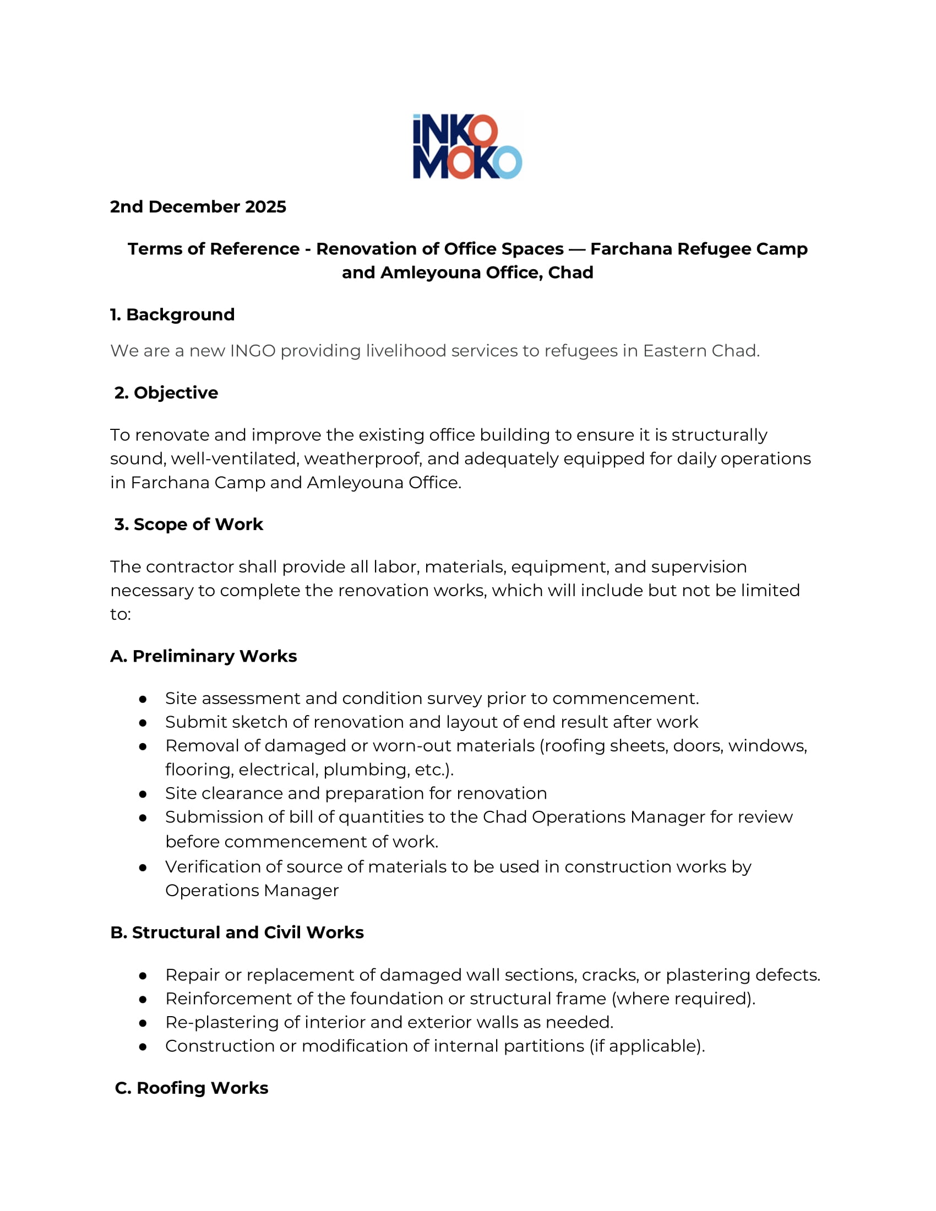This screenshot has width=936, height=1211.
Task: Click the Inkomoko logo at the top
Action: [467, 146]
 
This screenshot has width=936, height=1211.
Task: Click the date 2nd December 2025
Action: [198, 207]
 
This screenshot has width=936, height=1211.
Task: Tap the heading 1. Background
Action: [172, 314]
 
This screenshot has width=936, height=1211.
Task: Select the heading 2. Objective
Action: [166, 392]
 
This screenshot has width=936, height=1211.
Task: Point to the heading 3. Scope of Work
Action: [188, 524]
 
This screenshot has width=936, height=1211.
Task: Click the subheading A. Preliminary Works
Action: [204, 656]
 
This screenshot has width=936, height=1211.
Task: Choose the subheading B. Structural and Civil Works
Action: [237, 932]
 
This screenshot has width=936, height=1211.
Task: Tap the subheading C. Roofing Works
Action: [191, 1088]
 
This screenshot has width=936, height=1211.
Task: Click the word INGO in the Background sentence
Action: [252, 351]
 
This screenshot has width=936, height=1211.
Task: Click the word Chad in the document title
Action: [570, 273]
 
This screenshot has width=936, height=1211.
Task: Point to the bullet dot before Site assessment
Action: [143, 699]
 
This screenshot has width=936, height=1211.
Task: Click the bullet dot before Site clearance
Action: [143, 794]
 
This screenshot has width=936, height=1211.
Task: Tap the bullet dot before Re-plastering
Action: [143, 1023]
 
